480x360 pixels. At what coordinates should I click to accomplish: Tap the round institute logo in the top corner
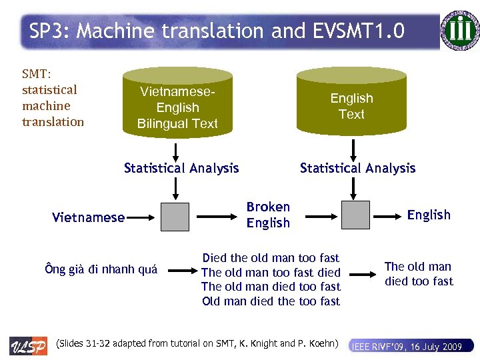[x=460, y=31]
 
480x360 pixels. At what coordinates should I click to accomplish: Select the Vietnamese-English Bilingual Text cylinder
[x=177, y=107]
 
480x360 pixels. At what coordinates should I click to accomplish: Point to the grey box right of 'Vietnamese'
[x=175, y=215]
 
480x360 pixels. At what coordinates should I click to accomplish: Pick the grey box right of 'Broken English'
[x=355, y=215]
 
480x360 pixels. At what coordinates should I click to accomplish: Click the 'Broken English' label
[x=268, y=215]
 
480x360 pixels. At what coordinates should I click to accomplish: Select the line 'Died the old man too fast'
[x=271, y=258]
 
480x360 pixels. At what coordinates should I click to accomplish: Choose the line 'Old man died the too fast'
[x=271, y=301]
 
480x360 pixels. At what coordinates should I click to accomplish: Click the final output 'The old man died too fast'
[x=419, y=274]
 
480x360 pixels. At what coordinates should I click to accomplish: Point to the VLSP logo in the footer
[x=28, y=346]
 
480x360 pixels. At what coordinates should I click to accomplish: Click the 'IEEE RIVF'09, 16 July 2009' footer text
[x=407, y=347]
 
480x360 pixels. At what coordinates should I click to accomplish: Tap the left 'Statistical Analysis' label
[x=181, y=168]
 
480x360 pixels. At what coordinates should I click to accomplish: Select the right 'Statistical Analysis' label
[x=357, y=168]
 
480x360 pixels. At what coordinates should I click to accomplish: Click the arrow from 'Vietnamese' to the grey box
[x=141, y=216]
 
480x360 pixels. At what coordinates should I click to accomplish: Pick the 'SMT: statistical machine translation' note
[x=53, y=98]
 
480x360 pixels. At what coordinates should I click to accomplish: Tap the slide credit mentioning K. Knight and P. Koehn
[x=199, y=344]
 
